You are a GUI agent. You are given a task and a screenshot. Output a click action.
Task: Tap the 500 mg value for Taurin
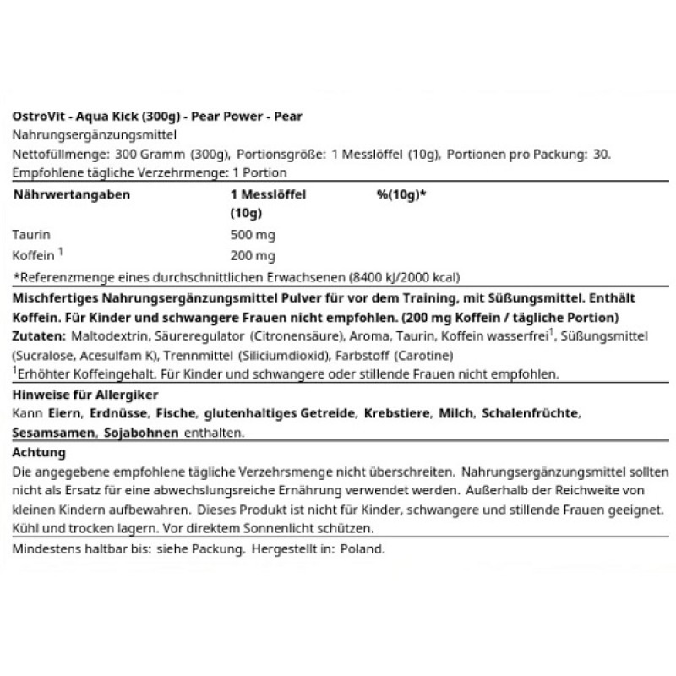pos(252,234)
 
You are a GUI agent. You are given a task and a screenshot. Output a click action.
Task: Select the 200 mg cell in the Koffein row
pos(252,254)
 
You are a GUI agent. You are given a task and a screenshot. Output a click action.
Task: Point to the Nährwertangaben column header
pos(71,194)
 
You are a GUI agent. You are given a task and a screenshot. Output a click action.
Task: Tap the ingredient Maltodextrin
pos(101,336)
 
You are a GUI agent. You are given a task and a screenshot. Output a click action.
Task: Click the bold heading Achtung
pos(41,453)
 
